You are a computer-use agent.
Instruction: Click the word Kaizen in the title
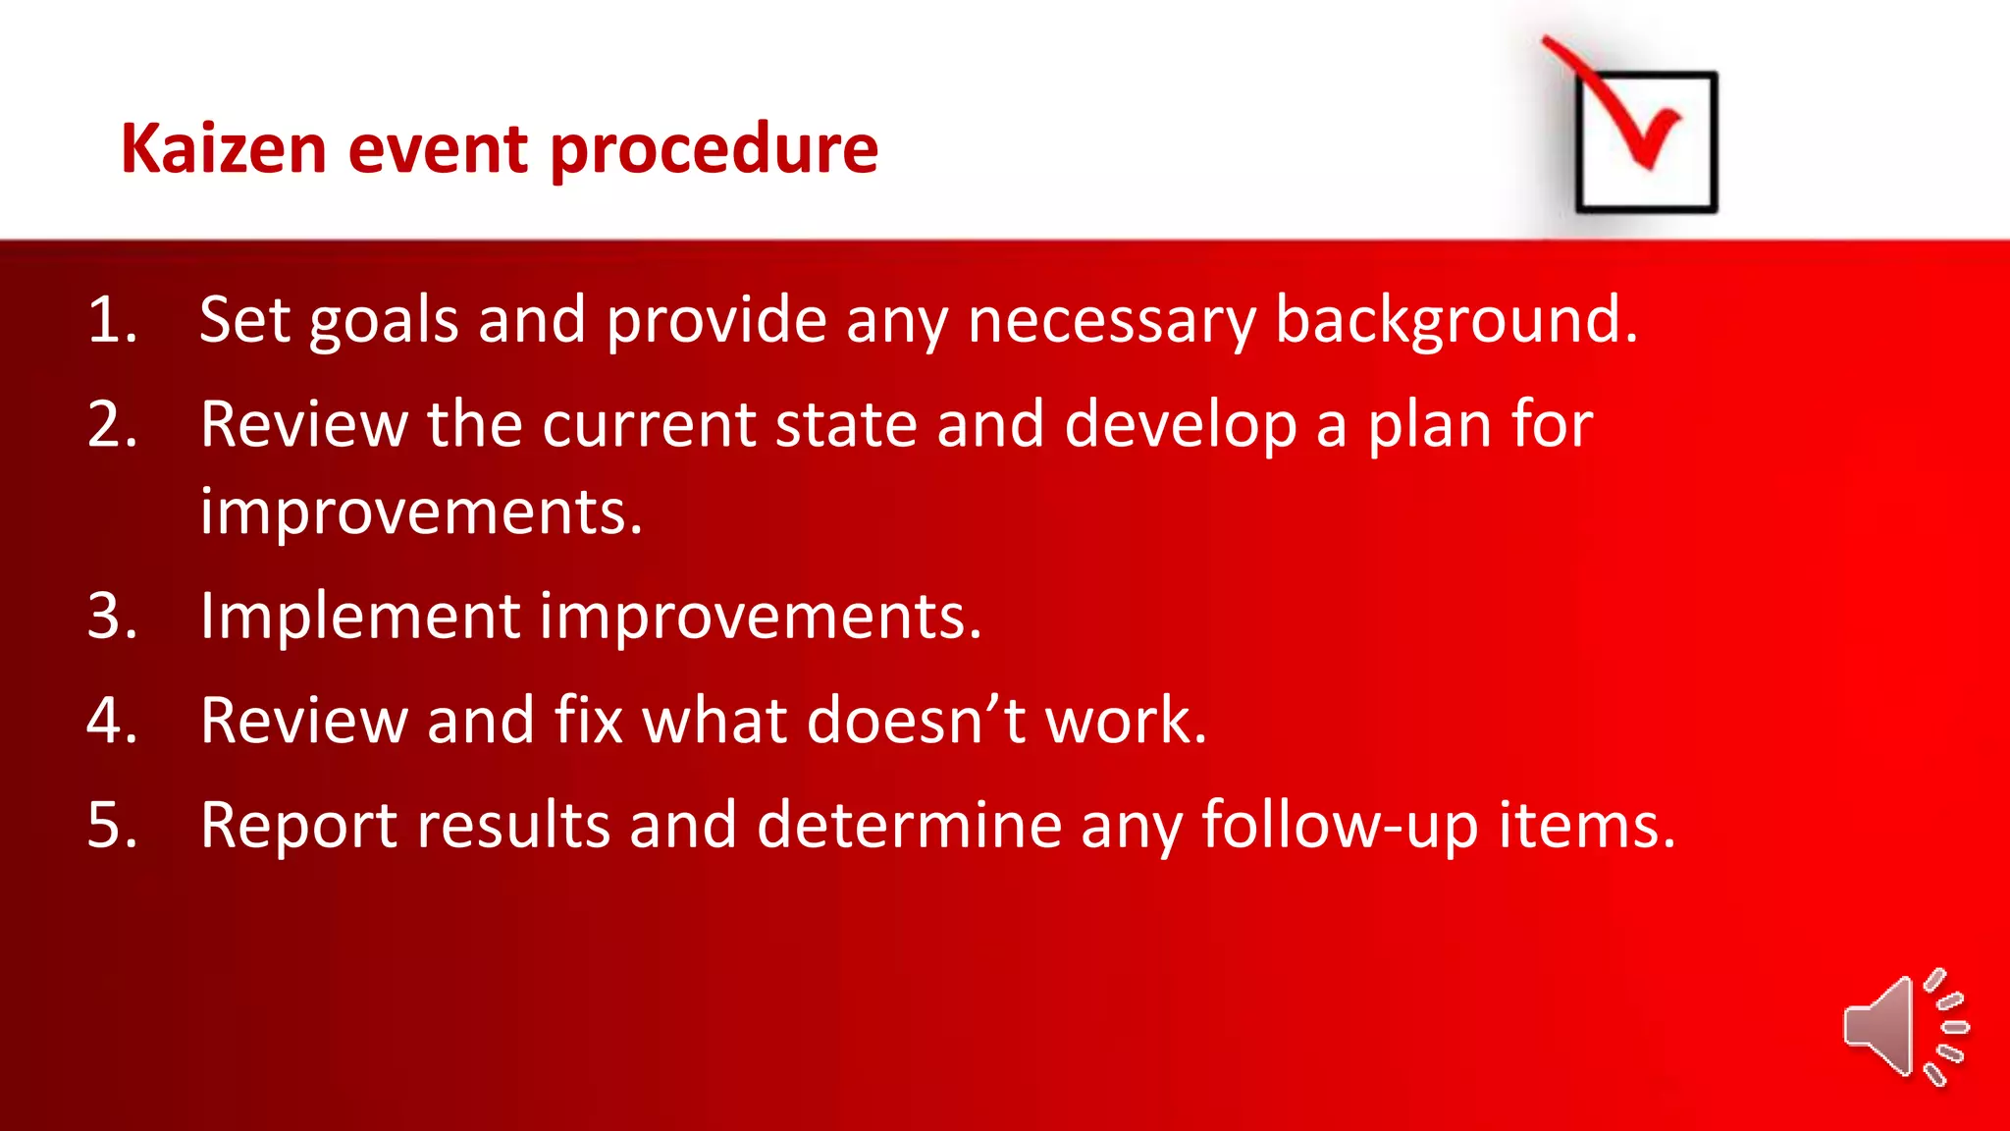coord(223,149)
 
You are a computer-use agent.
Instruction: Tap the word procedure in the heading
coord(714,151)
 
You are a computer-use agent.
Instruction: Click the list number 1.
coord(111,320)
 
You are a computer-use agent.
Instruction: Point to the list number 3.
coord(111,617)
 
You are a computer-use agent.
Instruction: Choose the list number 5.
coord(111,825)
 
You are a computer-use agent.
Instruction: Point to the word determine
coord(909,825)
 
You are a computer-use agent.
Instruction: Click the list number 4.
coord(111,721)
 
